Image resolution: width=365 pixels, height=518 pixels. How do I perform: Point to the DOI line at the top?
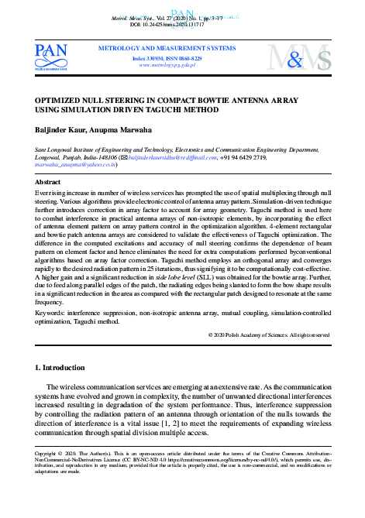[182, 24]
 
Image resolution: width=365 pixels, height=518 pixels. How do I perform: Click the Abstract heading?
[50, 180]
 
